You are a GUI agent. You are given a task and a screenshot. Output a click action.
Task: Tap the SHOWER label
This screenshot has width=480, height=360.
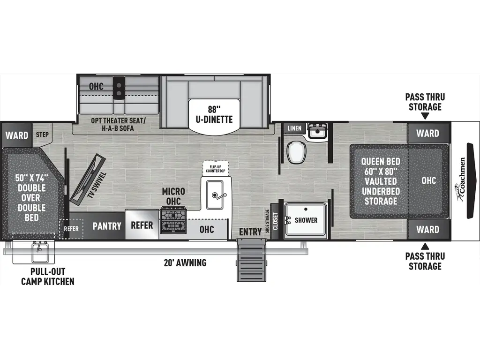pyautogui.click(x=306, y=220)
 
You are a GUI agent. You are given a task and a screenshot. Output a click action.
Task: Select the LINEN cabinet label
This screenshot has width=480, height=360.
pyautogui.click(x=294, y=128)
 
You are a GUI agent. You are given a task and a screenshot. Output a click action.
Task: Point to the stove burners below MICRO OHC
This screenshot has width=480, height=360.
pyautogui.click(x=173, y=221)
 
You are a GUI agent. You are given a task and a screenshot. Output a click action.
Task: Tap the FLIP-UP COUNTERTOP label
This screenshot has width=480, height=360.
pyautogui.click(x=215, y=168)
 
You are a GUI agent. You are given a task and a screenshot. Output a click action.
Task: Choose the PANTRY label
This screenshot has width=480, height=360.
pyautogui.click(x=107, y=226)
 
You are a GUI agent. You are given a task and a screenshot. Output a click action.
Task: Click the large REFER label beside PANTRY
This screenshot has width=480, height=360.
pyautogui.click(x=142, y=225)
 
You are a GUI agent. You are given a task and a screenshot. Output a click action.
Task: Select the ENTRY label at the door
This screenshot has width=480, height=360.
pyautogui.click(x=250, y=232)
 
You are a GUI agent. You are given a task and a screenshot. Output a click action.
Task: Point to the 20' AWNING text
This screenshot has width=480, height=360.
pyautogui.click(x=186, y=262)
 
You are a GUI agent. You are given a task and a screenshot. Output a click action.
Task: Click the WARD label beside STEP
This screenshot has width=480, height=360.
pyautogui.click(x=17, y=135)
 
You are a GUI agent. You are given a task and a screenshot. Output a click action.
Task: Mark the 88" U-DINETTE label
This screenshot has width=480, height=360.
pyautogui.click(x=215, y=114)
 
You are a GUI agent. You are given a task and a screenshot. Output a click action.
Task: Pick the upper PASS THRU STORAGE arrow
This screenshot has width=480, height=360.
pyautogui.click(x=425, y=116)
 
